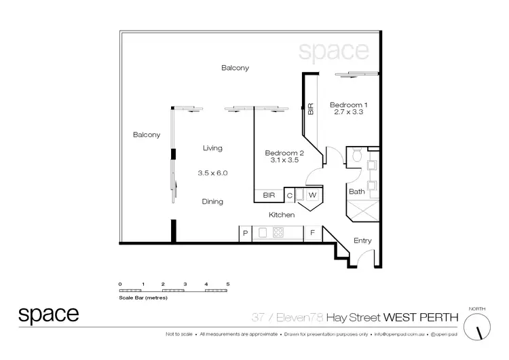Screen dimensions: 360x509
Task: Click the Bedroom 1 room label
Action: coord(348,105)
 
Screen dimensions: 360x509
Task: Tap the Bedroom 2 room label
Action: coord(284,154)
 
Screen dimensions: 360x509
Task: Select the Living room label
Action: coord(212,148)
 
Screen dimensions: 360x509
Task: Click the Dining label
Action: coord(212,202)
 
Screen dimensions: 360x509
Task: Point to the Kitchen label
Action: coord(282,215)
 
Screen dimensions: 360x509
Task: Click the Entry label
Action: coord(362,240)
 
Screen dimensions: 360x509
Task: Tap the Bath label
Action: coord(356,192)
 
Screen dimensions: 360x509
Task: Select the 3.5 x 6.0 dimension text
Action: coord(212,173)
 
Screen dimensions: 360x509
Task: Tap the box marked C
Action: coord(289,196)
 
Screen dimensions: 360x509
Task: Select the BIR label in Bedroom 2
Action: coord(267,196)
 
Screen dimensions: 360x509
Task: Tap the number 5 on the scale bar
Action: coord(228,283)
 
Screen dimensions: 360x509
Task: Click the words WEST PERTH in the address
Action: coord(422,317)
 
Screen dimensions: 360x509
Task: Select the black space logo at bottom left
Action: coord(48,314)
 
